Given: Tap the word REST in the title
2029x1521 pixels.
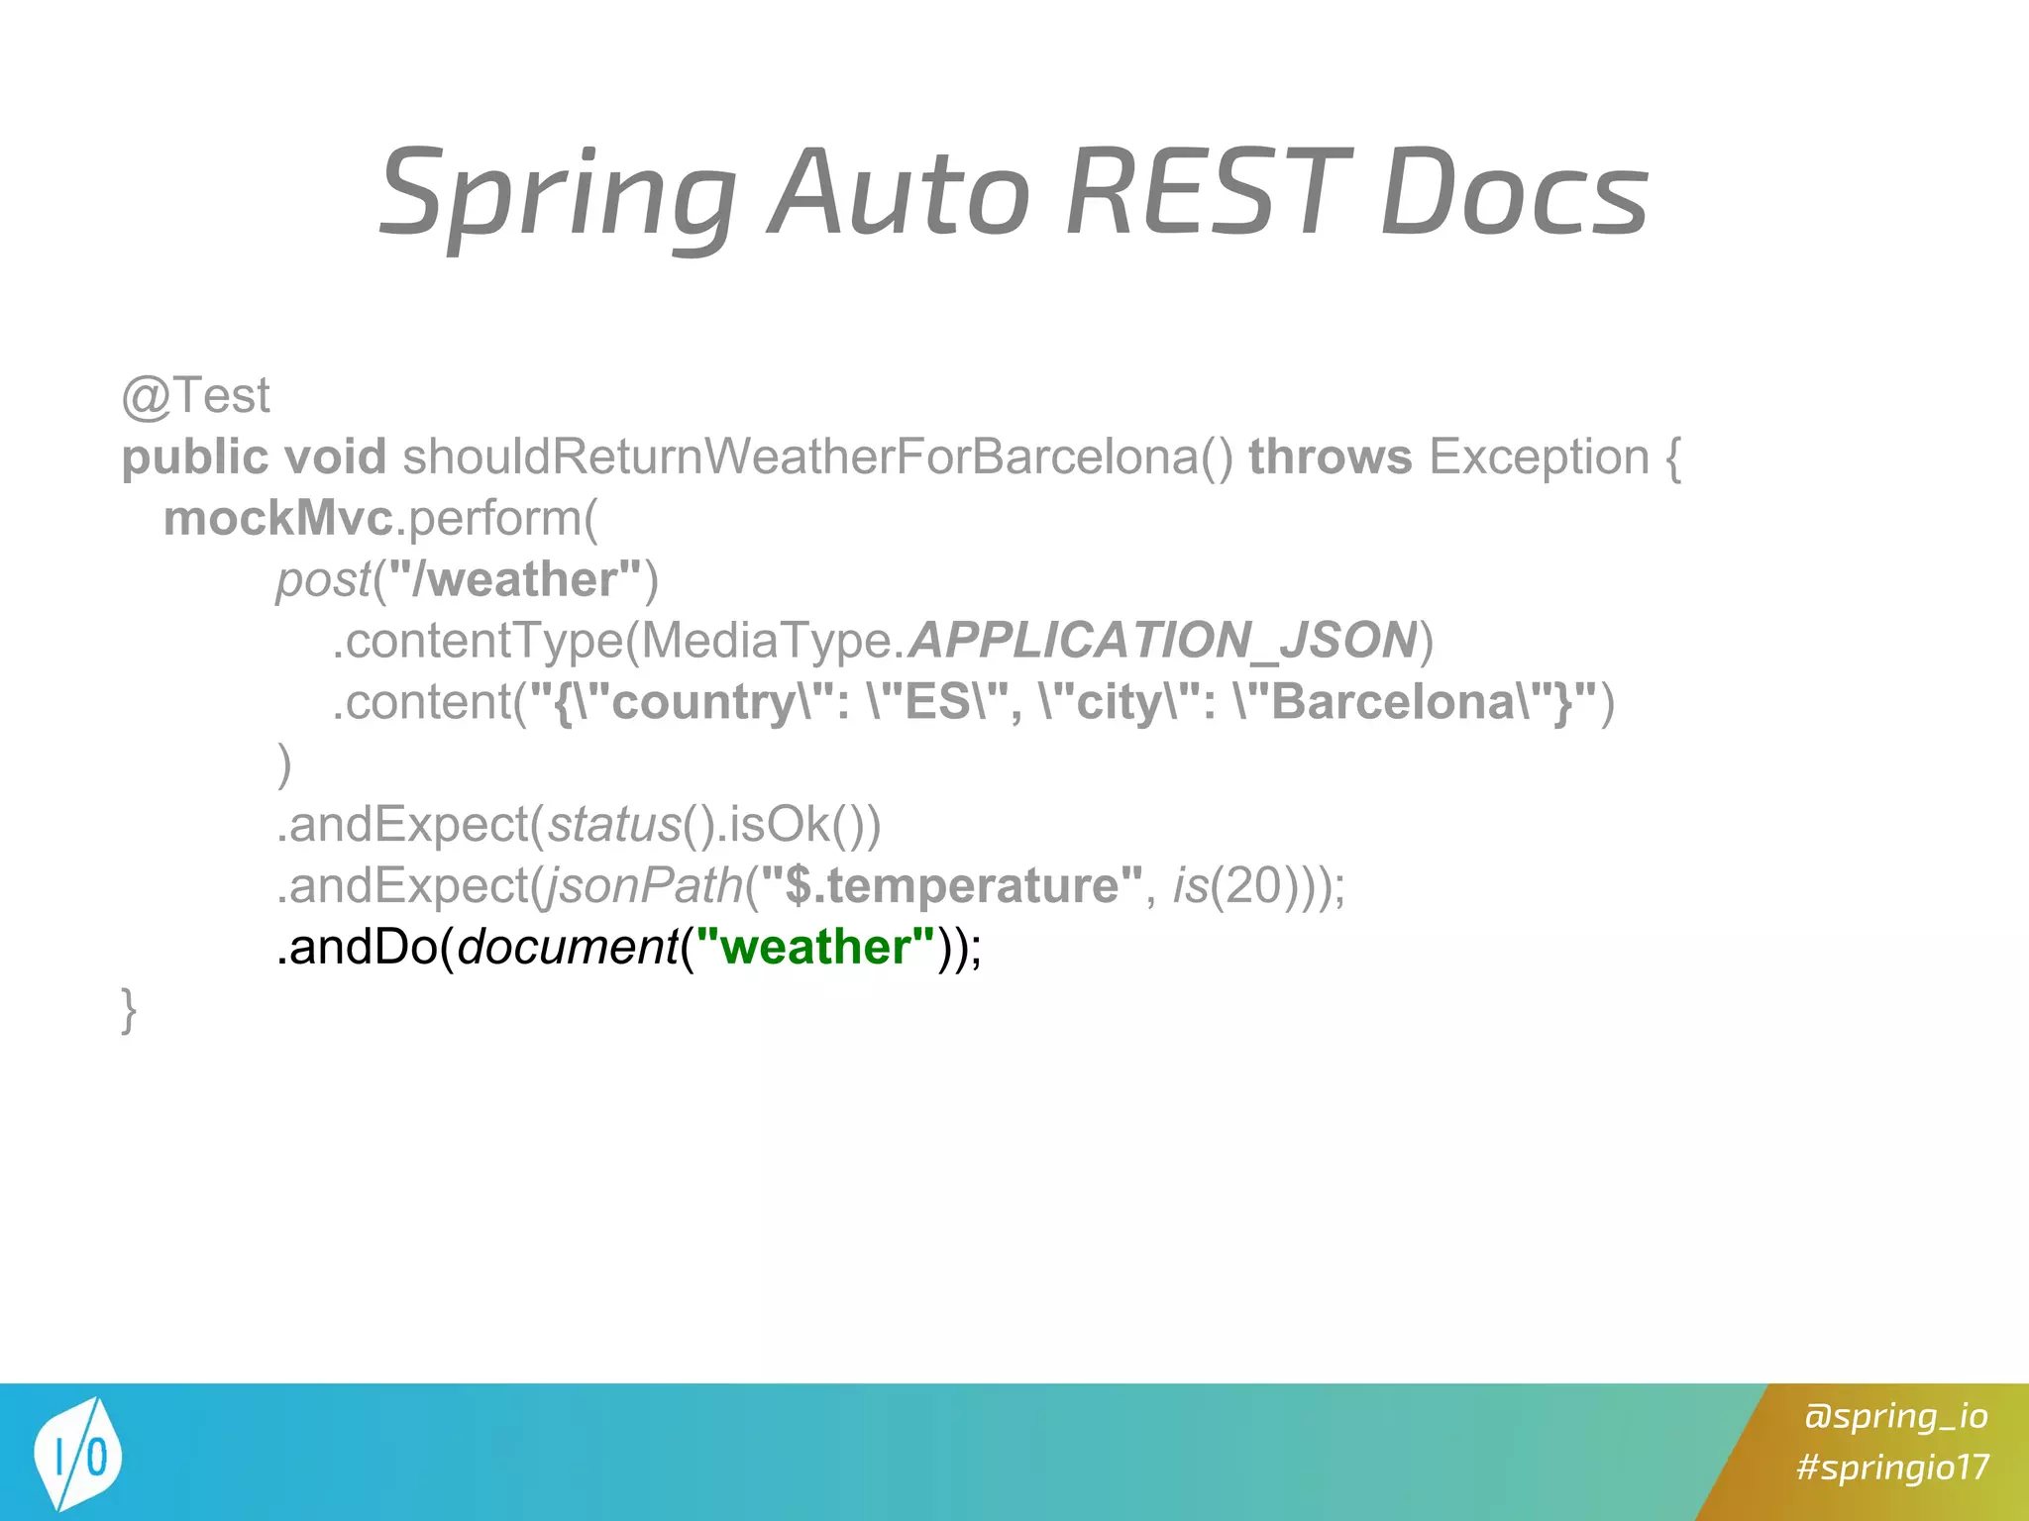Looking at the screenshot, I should click(x=1209, y=192).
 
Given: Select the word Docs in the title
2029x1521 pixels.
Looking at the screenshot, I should click(x=1514, y=192).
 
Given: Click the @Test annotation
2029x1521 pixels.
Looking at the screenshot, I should click(x=195, y=396).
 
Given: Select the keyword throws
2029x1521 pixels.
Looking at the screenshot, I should click(x=1330, y=456).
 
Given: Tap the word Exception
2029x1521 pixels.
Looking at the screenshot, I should click(x=1539, y=456).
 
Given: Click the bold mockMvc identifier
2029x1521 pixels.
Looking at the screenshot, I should click(x=277, y=518).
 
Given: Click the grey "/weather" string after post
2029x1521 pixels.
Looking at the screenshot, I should click(x=515, y=579).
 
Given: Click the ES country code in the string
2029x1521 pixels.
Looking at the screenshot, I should click(x=936, y=702).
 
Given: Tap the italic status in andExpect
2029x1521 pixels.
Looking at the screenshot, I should click(x=614, y=825).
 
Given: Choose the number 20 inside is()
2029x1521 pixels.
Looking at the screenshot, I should click(x=1253, y=885).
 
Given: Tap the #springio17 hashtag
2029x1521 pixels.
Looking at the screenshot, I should click(x=1892, y=1467).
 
